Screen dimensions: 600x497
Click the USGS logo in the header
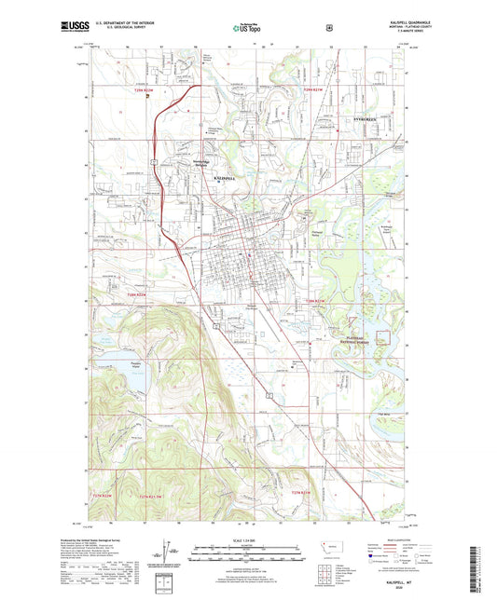(x=76, y=30)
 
